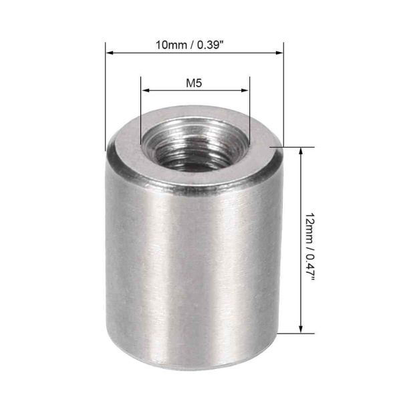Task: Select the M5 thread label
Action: click(194, 84)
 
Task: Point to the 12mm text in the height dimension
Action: click(309, 227)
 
